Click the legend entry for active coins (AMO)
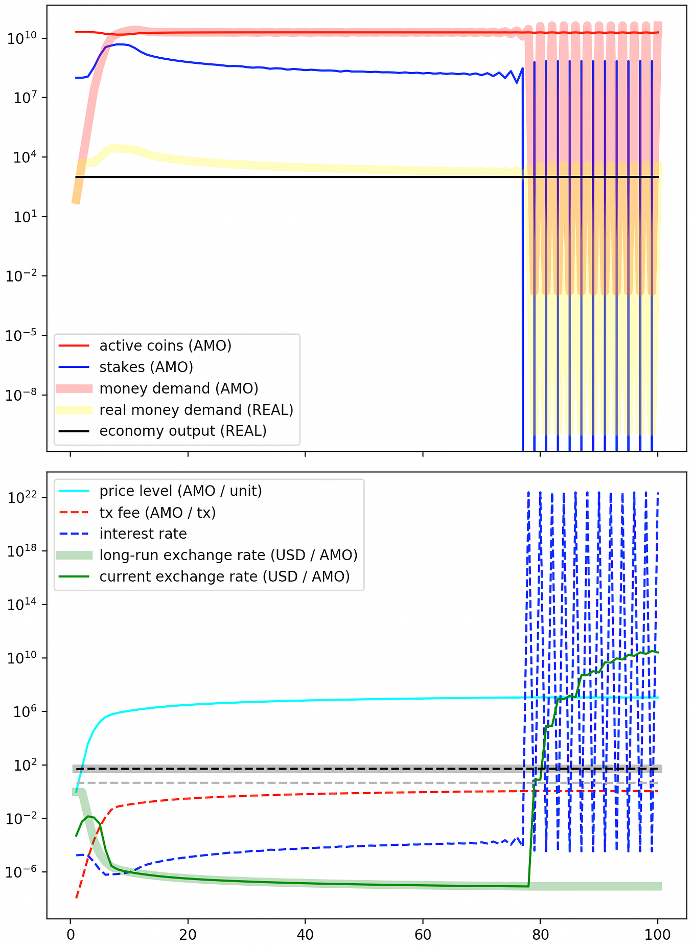(165, 346)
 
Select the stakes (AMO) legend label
(146, 367)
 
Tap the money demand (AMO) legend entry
(179, 389)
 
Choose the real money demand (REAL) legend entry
(196, 410)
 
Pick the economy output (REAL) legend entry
(183, 431)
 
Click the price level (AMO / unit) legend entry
(180, 491)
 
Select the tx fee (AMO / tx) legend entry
(157, 513)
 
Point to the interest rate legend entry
(143, 534)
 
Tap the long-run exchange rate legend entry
(228, 556)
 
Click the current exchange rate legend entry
(224, 577)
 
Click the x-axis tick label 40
(305, 935)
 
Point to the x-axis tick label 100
(658, 935)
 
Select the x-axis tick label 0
(71, 935)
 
